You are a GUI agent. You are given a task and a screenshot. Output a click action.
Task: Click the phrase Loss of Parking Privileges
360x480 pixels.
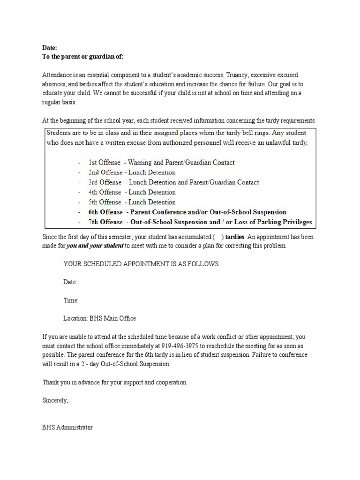(275, 222)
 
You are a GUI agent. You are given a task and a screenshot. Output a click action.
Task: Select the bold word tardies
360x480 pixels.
(234, 237)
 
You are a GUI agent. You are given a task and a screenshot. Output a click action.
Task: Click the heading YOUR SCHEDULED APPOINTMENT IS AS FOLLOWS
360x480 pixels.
(141, 264)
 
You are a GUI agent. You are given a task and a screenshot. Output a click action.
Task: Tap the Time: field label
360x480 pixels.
(71, 300)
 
